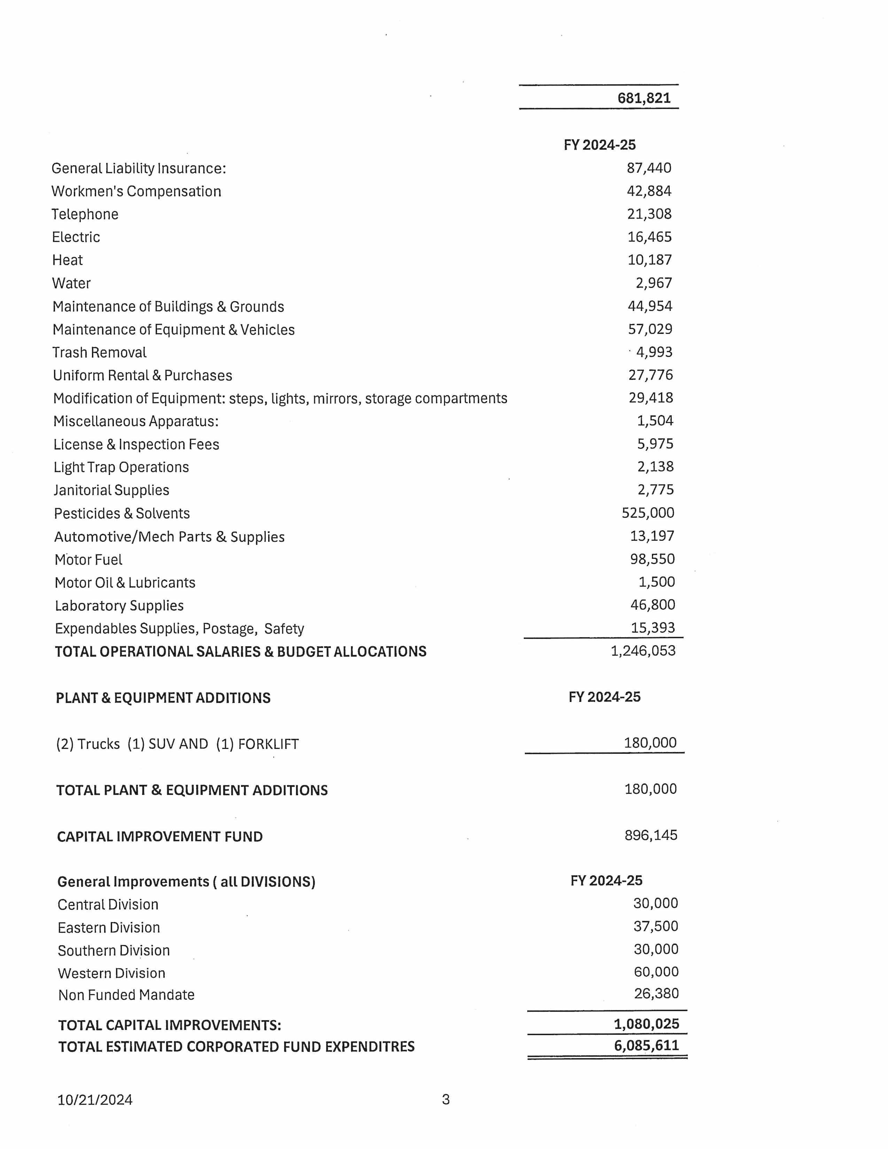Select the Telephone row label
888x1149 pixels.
(85, 214)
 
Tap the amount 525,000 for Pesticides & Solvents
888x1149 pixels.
(648, 513)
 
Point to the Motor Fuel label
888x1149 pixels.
(88, 560)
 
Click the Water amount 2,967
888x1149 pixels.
(654, 283)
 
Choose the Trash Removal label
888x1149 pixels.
(100, 352)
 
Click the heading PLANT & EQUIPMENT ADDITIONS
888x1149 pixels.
(163, 698)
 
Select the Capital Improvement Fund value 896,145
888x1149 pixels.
(651, 835)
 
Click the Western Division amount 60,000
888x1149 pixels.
(656, 972)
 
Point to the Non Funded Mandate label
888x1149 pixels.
(126, 995)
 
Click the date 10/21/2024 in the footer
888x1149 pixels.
(95, 1100)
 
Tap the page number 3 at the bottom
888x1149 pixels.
(446, 1100)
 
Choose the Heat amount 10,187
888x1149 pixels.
(650, 260)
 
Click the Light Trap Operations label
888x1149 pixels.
(121, 467)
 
